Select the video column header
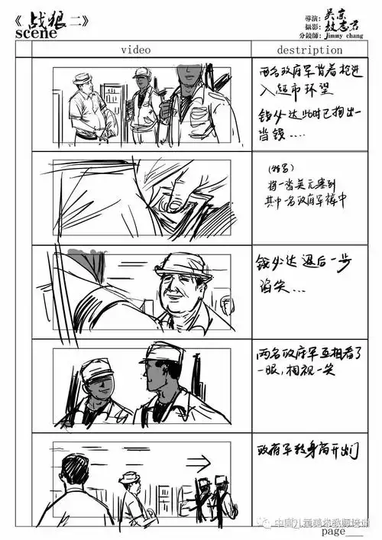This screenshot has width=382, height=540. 134,50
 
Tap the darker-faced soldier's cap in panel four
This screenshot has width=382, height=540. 163,354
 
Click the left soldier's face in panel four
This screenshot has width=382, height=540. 99,386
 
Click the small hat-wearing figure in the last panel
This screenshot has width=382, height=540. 131,489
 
